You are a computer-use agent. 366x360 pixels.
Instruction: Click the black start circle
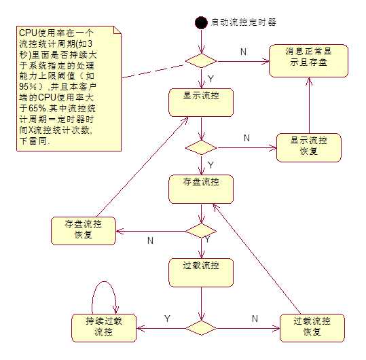[200, 22]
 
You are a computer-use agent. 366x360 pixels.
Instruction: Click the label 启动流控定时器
[244, 22]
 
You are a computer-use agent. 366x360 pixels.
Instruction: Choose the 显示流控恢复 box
[309, 146]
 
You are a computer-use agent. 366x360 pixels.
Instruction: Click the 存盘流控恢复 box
[84, 231]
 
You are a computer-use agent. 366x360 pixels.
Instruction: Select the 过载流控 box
[201, 270]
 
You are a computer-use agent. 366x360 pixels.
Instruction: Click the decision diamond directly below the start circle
[201, 60]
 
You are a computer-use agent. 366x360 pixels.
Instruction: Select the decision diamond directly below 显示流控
[201, 146]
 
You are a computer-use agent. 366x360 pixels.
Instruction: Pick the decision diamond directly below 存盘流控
[201, 231]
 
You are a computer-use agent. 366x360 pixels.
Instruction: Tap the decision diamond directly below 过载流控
[201, 327]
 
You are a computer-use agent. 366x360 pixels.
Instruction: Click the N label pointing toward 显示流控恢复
[246, 138]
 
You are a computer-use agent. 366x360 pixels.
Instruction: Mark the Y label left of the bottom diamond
[167, 318]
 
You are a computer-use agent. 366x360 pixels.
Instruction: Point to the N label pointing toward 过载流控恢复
[255, 318]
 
